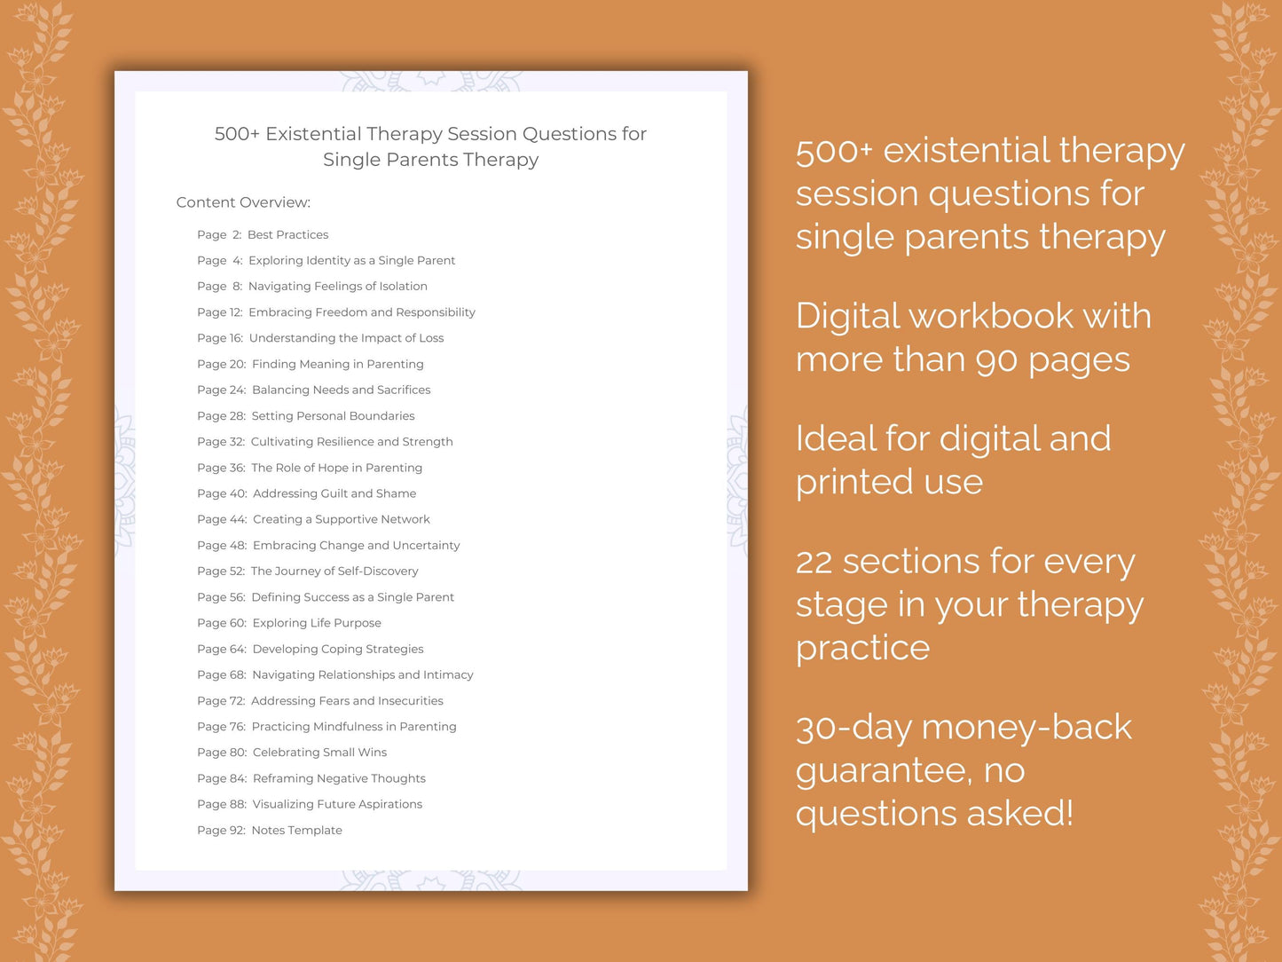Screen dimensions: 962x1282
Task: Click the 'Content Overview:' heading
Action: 243,202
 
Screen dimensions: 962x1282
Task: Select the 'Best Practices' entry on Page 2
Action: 287,234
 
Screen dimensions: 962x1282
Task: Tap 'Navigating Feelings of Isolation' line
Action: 337,286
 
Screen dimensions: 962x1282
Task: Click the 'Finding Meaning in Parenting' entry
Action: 337,364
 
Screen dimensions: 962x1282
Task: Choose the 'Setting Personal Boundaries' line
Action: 333,415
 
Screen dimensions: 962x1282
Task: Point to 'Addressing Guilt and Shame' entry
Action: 334,493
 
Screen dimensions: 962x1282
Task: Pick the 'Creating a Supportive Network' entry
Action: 341,519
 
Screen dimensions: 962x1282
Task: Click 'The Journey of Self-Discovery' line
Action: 334,571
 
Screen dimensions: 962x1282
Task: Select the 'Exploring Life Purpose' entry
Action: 317,623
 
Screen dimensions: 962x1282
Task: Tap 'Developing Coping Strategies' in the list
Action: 338,649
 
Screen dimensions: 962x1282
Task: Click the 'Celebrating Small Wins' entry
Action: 319,752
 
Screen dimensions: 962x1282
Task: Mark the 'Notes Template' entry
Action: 296,830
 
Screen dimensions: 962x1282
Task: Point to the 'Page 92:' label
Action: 221,830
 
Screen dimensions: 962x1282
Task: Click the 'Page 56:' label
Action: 221,597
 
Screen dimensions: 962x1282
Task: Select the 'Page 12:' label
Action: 220,312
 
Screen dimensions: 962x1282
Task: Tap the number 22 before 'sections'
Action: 813,562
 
